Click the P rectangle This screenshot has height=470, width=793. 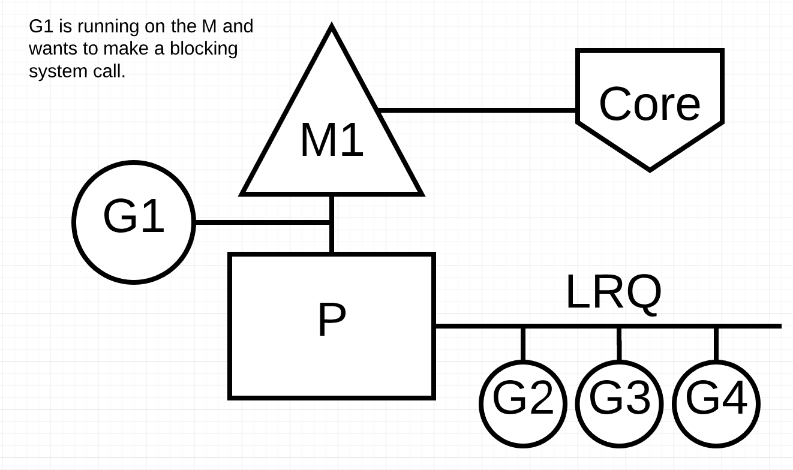pos(332,360)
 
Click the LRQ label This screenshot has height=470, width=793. pos(613,293)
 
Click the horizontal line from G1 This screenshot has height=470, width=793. pos(262,222)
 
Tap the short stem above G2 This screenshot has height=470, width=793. pos(523,344)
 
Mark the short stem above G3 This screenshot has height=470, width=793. pos(619,344)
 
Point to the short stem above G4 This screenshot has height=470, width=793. pos(716,344)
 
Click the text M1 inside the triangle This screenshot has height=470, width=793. pos(332,140)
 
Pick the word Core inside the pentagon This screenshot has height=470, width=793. pos(650,104)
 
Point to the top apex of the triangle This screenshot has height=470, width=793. pos(332,28)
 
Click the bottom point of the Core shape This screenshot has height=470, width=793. pos(650,169)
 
